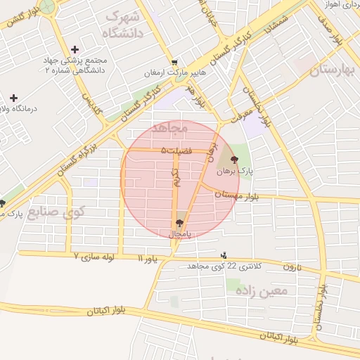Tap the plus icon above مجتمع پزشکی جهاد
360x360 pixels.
(75, 49)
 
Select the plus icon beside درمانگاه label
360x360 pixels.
(13, 98)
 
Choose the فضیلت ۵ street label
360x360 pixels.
(176, 150)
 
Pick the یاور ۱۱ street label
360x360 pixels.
(148, 260)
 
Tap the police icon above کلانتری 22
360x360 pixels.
(224, 255)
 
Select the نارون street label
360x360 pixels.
(292, 267)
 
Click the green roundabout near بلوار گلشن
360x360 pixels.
(48, 6)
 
